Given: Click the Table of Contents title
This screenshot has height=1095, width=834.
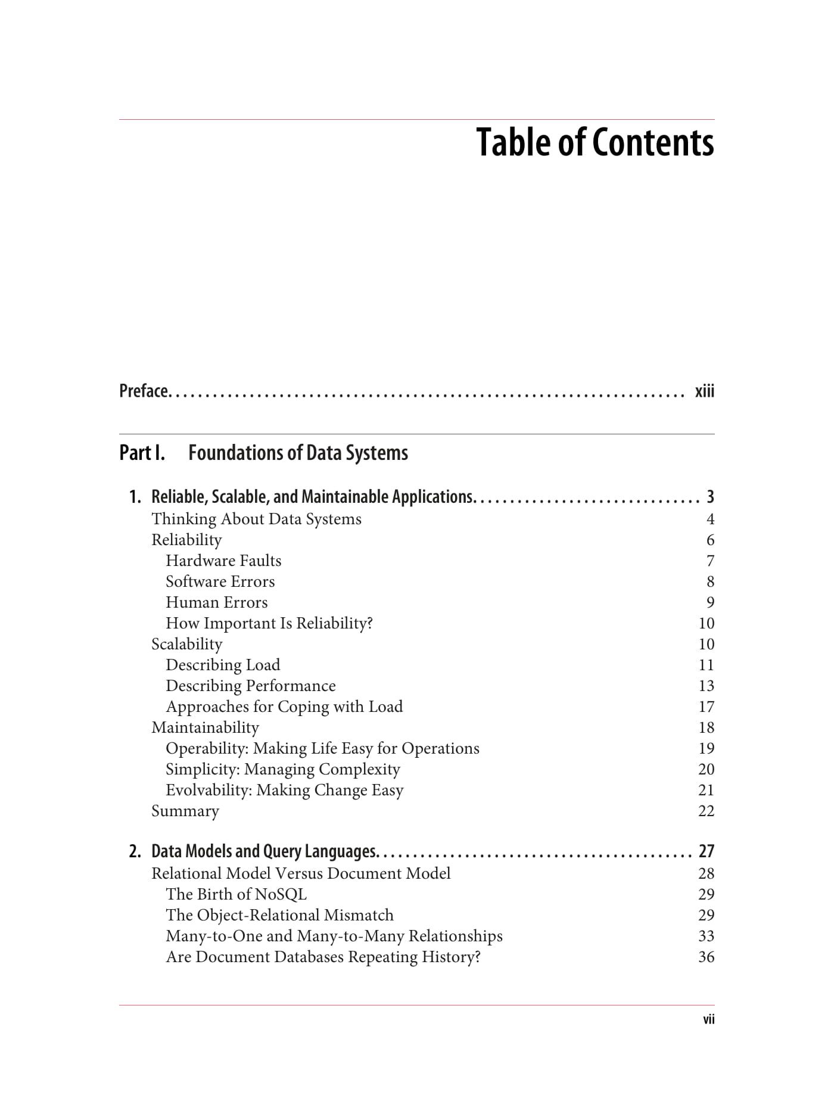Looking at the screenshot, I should coord(595,143).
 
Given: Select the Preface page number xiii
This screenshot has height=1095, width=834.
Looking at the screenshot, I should coord(704,391).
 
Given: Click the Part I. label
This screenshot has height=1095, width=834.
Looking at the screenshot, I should coord(142,453).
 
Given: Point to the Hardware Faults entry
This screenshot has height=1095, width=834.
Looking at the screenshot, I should coord(223,561).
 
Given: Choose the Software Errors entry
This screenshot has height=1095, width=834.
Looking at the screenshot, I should coord(220,581).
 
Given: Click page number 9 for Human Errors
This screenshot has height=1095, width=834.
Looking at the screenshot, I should coord(710,602).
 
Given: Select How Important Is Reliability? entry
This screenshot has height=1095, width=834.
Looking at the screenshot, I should coord(269,623).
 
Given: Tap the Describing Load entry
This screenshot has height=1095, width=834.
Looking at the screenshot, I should coord(223,665).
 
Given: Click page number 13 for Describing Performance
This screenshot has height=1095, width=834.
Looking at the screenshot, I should coord(706,686).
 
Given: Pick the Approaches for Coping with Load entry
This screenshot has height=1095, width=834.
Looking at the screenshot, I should coord(284,707).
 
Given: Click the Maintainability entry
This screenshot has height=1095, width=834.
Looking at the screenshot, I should coord(205,727).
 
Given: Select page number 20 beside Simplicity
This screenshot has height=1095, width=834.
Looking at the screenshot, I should coord(706,769).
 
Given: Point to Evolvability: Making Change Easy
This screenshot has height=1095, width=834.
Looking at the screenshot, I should coord(285,790).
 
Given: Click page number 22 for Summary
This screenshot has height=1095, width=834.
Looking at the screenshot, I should coord(706,811).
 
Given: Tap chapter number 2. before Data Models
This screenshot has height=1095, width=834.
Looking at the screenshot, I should coord(135,851).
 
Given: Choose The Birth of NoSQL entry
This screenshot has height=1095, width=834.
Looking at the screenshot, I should coord(236,894).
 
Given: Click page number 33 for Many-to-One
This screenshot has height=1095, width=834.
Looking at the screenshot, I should coord(706,936).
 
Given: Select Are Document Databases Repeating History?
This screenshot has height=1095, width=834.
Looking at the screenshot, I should coord(323,957).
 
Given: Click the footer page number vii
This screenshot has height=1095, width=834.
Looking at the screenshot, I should coord(708,1019).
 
